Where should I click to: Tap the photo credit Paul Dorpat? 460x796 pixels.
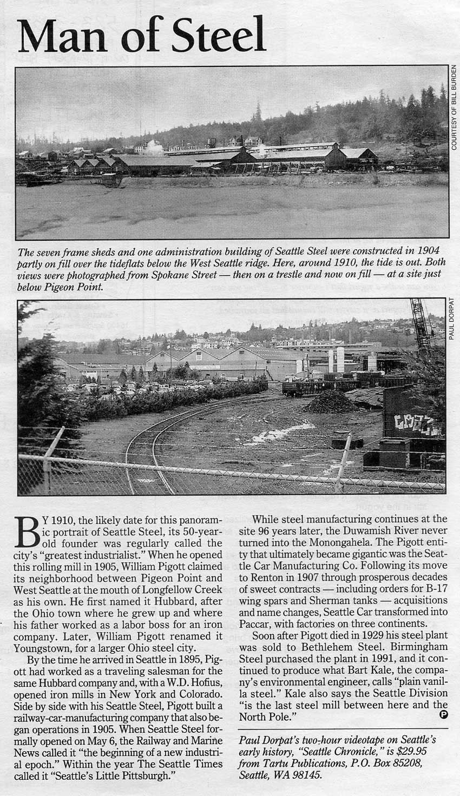pos(452,319)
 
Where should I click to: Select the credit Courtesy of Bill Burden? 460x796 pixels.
pos(454,108)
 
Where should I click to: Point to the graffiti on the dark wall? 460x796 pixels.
pos(417,424)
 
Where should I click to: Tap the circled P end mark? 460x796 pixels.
pos(444,714)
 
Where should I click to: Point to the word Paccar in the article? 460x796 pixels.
pos(254,623)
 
